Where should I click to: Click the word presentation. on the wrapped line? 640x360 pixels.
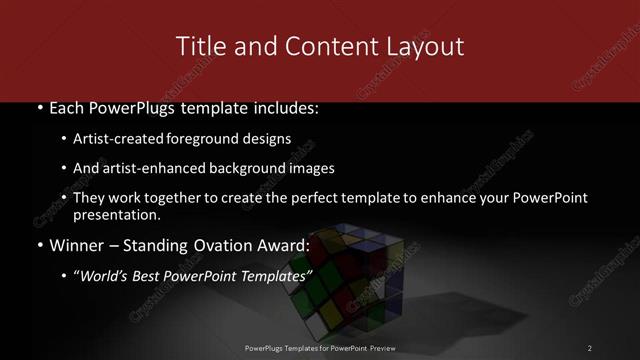click(x=117, y=215)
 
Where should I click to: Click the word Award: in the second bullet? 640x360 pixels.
click(x=287, y=245)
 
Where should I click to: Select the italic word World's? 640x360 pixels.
click(x=105, y=275)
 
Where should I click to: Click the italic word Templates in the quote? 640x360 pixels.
click(x=275, y=275)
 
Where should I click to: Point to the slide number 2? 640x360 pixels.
click(x=590, y=348)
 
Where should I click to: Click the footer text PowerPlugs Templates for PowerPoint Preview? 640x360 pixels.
click(x=320, y=348)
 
